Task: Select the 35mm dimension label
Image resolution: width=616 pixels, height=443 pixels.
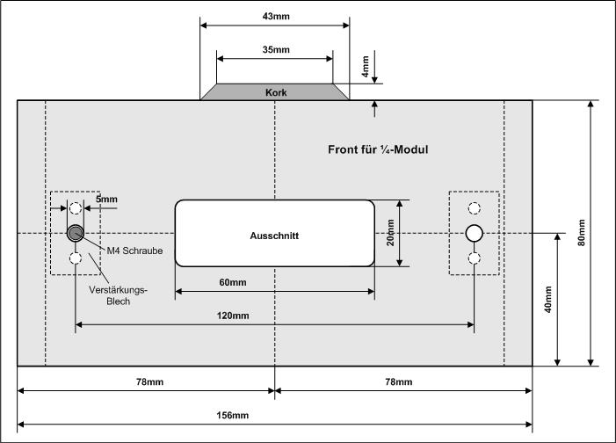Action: tap(275, 50)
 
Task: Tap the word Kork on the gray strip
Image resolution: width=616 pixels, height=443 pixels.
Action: tap(275, 91)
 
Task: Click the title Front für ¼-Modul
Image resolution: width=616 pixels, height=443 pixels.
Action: tap(377, 149)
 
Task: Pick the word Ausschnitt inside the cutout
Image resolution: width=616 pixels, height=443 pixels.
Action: tap(275, 236)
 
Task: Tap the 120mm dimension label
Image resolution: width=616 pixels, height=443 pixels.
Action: tap(275, 316)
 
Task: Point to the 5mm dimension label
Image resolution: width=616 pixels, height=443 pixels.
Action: tap(106, 200)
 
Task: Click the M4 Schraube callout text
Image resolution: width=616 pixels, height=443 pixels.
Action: tap(135, 251)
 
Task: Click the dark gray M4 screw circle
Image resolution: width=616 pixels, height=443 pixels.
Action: tap(76, 233)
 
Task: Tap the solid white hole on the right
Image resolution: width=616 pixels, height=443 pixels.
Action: tap(475, 233)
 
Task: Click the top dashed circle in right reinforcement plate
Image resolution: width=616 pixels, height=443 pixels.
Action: tap(475, 208)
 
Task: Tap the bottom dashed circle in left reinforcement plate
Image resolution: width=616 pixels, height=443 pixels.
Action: tap(76, 258)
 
